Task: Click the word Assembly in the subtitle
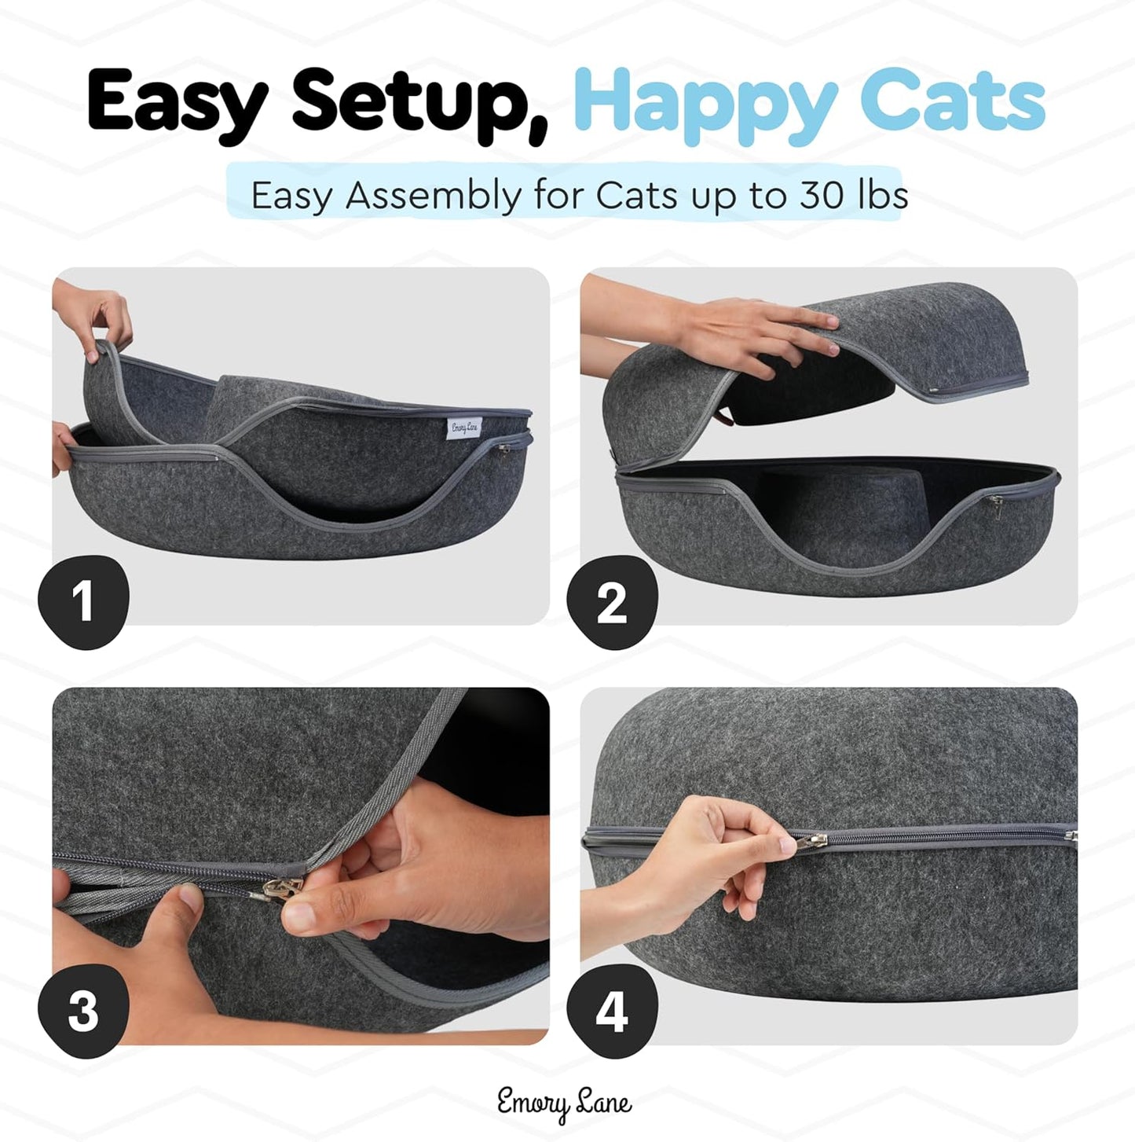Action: click(433, 196)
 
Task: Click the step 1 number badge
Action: click(83, 602)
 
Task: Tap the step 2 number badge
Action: click(612, 604)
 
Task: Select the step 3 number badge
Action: click(83, 1011)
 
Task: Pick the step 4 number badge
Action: click(612, 1011)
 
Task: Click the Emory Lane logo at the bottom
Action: click(564, 1103)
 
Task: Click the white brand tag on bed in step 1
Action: click(463, 428)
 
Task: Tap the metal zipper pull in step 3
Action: click(284, 888)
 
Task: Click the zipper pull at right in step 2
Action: click(996, 503)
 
